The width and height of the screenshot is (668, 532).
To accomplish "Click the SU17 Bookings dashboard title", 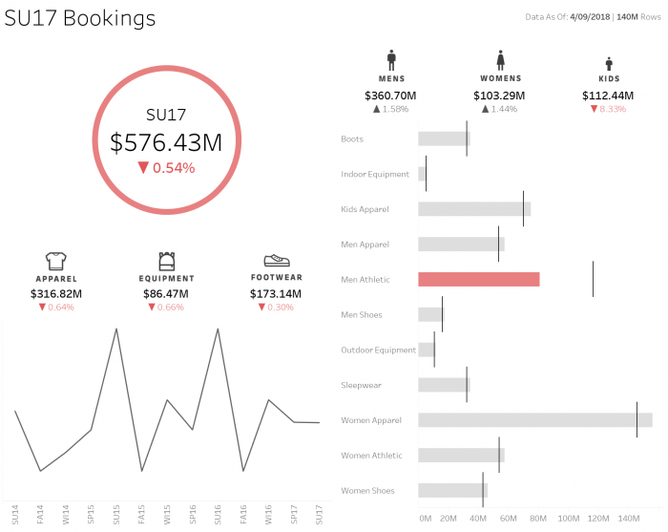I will point(80,19).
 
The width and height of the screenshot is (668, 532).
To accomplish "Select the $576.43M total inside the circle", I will point(166,142).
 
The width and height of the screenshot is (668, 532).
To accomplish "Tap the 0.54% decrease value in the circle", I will point(166,168).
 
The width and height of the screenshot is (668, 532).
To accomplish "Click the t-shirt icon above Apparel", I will point(55,260).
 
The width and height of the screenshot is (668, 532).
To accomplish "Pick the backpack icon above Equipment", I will point(166,260).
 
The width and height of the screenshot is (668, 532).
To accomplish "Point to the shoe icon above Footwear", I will point(277,260).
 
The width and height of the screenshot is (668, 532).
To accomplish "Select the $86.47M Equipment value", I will point(166,293).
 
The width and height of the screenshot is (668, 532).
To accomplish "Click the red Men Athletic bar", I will point(478,280).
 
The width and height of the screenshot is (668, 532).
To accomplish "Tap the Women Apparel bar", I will point(534,420).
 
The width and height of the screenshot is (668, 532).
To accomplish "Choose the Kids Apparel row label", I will point(365,209).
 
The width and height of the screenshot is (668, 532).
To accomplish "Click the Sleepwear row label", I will point(361,386).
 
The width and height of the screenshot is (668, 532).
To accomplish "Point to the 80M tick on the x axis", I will point(538,518).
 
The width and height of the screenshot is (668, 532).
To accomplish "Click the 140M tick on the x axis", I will point(628,518).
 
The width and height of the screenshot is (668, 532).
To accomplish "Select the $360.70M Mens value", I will point(390,96).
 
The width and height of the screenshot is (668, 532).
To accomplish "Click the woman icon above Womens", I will point(499,59).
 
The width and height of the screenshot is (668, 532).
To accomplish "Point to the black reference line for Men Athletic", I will point(593,279).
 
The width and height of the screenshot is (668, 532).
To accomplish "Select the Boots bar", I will point(443,139).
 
